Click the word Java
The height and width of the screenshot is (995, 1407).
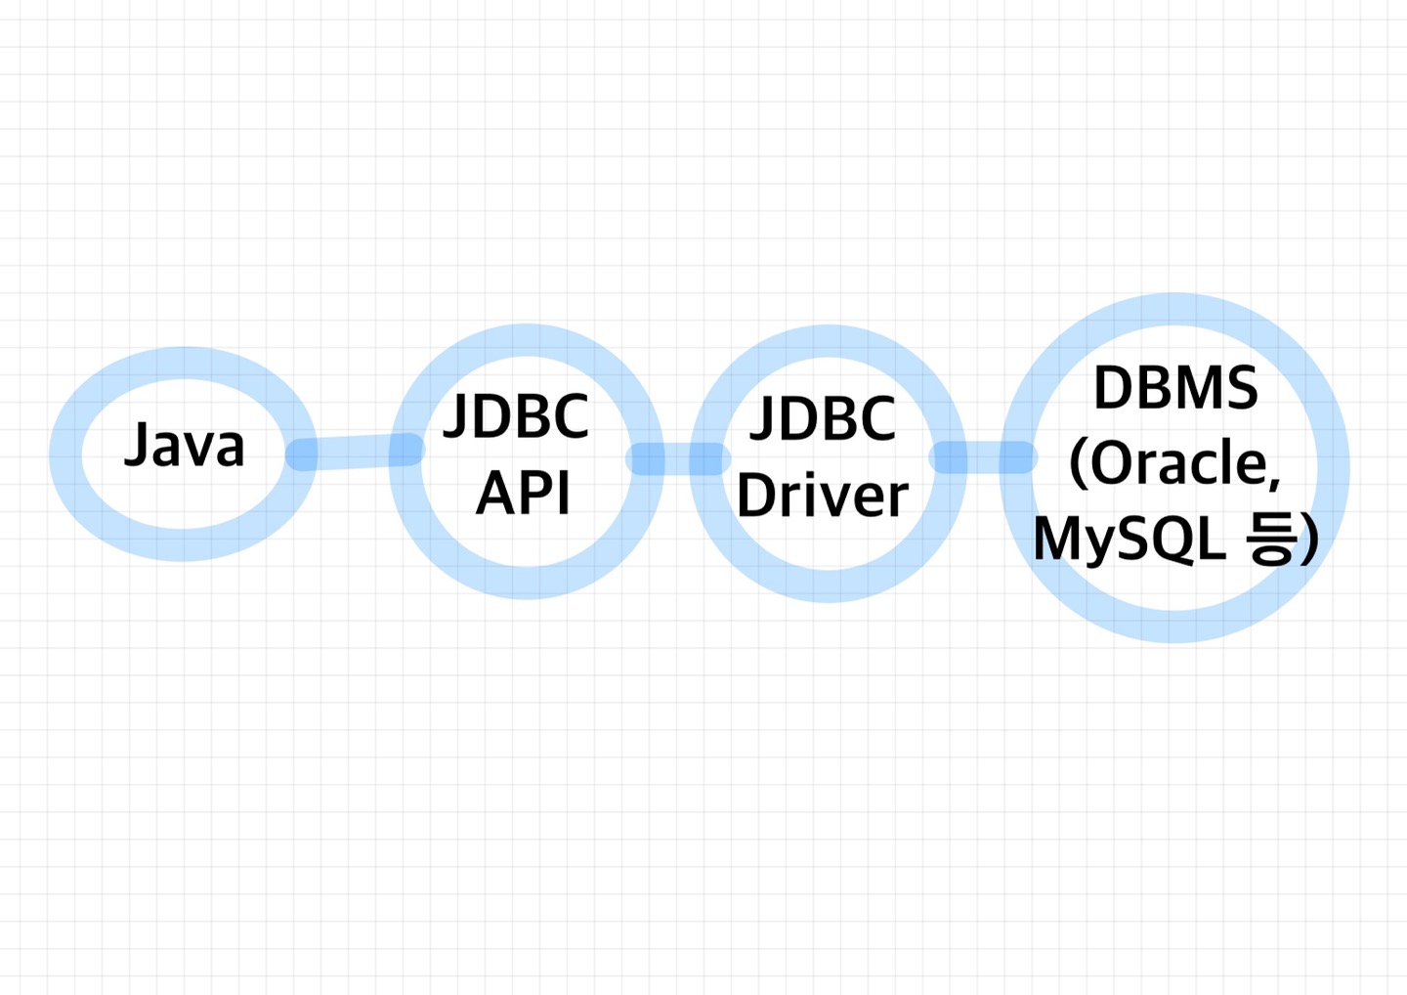coord(184,445)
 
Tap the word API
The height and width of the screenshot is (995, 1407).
coord(524,493)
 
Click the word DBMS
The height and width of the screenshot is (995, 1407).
coord(1175,388)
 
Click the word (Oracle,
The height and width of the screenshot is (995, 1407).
coord(1174,463)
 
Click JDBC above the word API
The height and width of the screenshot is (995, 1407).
coord(516,415)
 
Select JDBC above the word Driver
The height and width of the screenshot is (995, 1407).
coord(823,418)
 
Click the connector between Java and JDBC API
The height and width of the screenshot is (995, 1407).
coord(355,452)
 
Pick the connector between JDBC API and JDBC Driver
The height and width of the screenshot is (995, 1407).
coord(678,458)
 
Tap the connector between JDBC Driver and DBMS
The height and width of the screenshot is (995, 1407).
coord(983,456)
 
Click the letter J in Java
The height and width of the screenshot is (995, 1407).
coord(137,445)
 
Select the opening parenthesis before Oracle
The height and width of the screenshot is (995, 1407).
coord(1079,463)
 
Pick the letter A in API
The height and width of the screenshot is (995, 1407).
coord(495,493)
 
